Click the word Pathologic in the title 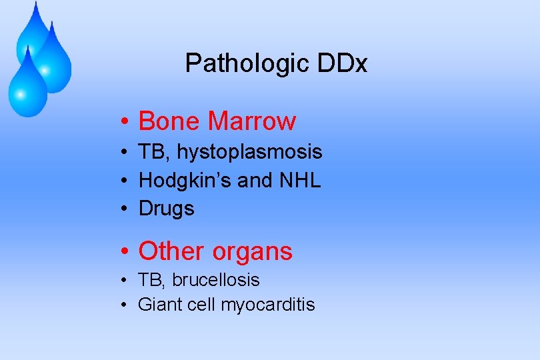coord(237,64)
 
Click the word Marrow coord(252,121)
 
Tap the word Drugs coord(166,209)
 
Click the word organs coord(252,252)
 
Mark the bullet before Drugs coord(125,209)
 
